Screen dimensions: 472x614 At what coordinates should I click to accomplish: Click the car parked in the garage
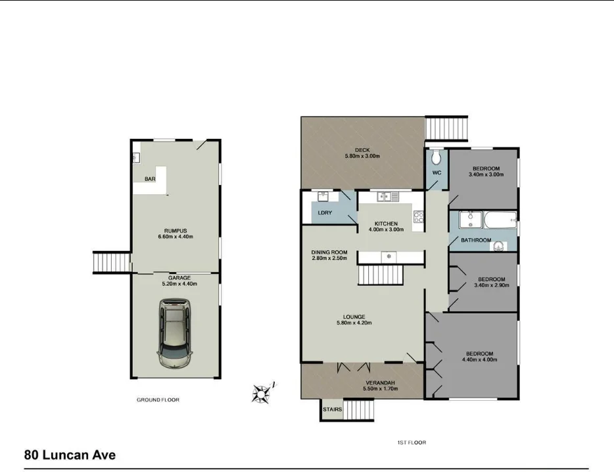click(x=176, y=334)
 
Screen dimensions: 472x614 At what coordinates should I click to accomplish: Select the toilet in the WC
click(x=435, y=159)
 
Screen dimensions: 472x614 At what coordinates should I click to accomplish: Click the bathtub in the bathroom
click(x=498, y=219)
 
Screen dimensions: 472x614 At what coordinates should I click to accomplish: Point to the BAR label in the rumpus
click(x=150, y=179)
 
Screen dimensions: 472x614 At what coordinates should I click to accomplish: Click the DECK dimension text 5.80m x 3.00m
click(x=362, y=156)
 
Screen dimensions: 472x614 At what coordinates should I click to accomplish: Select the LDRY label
click(x=324, y=213)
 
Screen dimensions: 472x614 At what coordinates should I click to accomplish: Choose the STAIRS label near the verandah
click(x=332, y=409)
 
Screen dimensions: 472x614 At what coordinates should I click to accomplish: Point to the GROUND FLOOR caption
click(x=158, y=400)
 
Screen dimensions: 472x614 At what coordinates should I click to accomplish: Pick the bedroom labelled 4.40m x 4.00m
click(x=479, y=356)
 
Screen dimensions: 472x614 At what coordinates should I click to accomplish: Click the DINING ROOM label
click(x=329, y=252)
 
